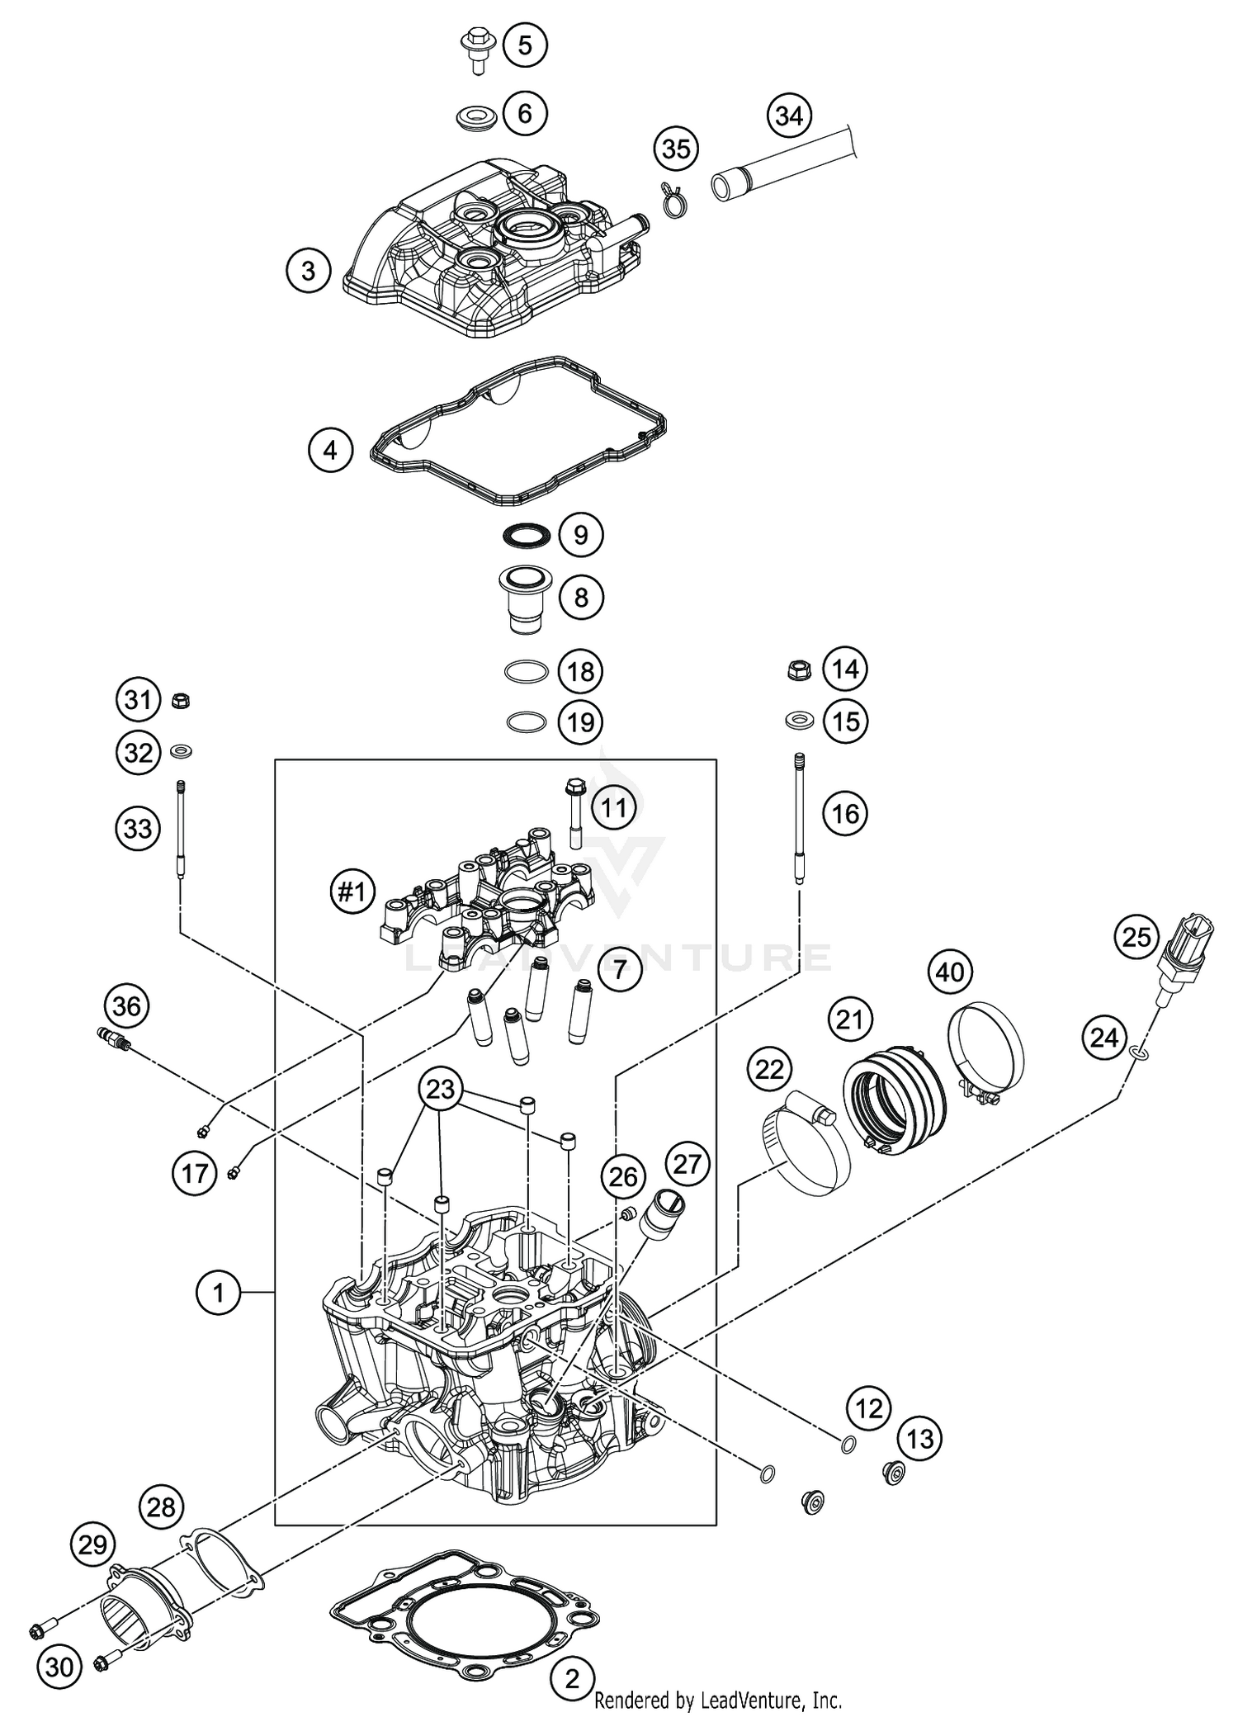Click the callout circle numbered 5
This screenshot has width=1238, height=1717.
[525, 45]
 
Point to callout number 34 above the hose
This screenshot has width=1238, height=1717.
[789, 116]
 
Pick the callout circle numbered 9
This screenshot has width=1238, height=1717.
[580, 535]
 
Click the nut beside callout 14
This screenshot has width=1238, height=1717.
[799, 669]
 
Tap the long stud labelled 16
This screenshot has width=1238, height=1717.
[799, 817]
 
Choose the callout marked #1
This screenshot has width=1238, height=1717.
[352, 892]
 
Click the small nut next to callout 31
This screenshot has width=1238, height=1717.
[180, 702]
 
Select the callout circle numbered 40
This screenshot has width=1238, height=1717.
[950, 972]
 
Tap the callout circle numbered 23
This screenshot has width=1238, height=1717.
[440, 1089]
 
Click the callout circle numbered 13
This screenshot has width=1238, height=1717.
[919, 1439]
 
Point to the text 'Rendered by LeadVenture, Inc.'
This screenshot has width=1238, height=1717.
[718, 1699]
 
